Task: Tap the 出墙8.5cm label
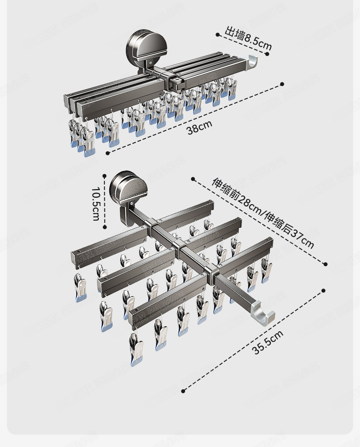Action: [248, 39]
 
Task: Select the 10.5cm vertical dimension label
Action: [95, 204]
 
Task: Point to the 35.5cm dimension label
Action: [268, 342]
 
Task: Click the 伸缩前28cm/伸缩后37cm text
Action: [263, 213]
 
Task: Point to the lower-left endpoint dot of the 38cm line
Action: [108, 153]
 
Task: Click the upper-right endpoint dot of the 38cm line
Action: [282, 84]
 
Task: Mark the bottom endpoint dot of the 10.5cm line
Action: [105, 226]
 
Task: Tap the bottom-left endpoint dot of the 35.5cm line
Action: [183, 391]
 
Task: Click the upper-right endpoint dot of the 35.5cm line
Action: [324, 290]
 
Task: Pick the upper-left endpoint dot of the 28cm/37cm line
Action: [193, 179]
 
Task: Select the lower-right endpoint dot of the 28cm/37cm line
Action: [326, 263]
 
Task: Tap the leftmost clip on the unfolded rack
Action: [81, 288]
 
